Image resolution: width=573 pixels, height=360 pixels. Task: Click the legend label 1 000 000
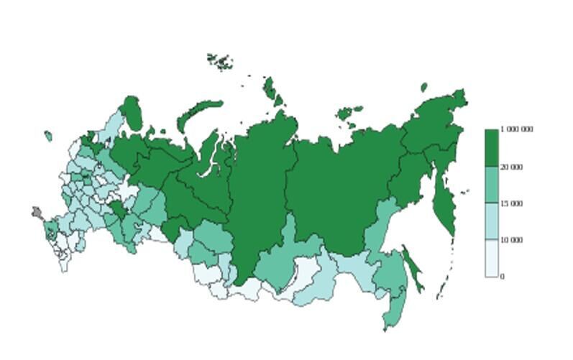click(x=517, y=130)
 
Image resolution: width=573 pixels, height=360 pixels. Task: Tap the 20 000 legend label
click(x=511, y=167)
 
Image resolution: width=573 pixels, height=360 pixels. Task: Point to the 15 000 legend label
click(x=511, y=204)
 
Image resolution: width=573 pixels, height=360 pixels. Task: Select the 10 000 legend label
click(x=511, y=240)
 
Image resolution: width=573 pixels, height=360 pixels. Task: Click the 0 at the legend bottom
click(x=502, y=277)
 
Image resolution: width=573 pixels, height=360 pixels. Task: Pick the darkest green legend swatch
click(x=491, y=148)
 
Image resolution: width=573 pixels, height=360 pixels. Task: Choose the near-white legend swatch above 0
click(x=491, y=258)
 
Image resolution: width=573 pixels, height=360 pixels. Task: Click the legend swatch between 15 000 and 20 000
click(x=491, y=185)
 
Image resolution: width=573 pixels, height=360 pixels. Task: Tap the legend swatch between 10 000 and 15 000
click(x=491, y=221)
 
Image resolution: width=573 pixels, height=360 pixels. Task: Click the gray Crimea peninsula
click(x=37, y=213)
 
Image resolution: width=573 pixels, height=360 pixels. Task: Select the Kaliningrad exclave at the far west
click(x=48, y=136)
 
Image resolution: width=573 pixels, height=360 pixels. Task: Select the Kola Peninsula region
click(x=132, y=113)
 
